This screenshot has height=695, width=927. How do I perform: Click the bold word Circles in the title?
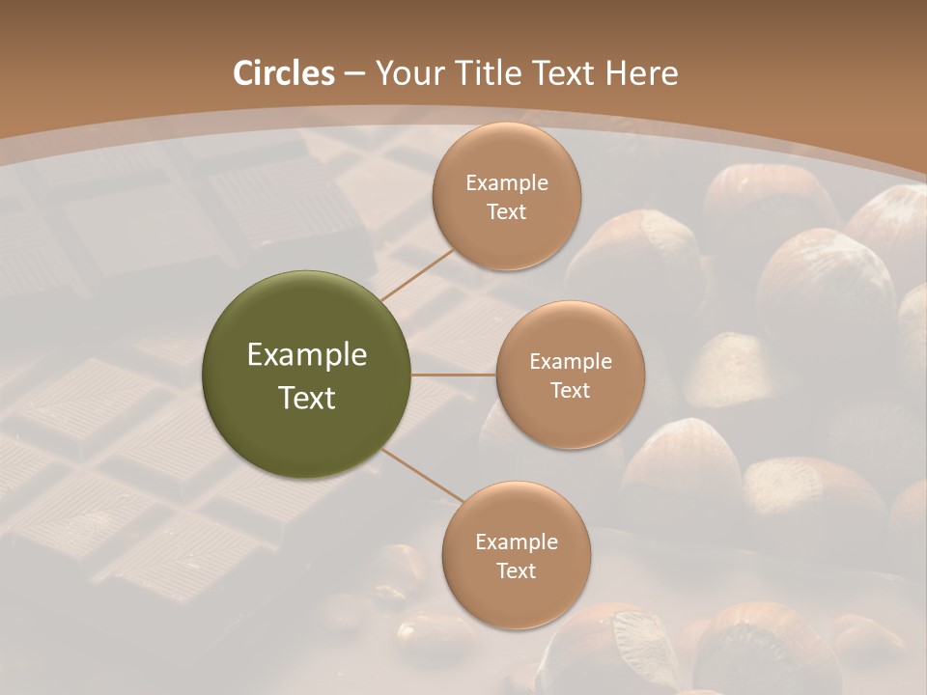[x=283, y=73]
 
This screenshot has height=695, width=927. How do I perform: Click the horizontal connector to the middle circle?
[x=454, y=375]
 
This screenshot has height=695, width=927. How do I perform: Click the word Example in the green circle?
[x=307, y=355]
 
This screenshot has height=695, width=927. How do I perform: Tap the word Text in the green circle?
[x=307, y=398]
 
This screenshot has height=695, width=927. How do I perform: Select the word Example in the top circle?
[x=507, y=183]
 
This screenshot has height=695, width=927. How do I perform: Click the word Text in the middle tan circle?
[x=571, y=391]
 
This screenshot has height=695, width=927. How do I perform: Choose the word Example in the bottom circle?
[x=517, y=542]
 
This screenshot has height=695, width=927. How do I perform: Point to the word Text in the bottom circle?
[x=517, y=571]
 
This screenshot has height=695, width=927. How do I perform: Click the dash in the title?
[x=354, y=73]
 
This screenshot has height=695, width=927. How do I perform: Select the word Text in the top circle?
[x=507, y=212]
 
